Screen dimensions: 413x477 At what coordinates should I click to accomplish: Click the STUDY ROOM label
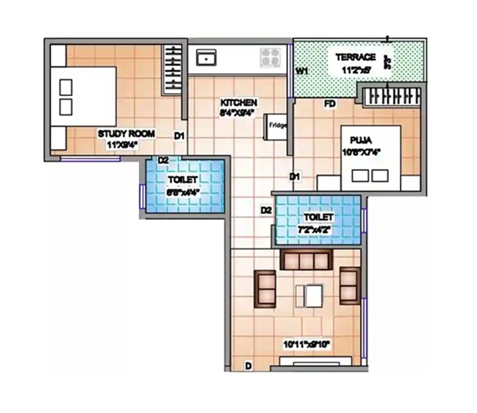126,134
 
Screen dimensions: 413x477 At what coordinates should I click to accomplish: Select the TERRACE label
355,57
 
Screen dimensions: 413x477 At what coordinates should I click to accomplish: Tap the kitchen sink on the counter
206,58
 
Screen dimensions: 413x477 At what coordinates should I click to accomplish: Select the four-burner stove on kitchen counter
270,57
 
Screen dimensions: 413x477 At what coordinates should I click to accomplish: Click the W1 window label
302,71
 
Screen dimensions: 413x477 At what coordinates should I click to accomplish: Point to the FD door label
330,104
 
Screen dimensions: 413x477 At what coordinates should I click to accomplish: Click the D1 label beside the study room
179,136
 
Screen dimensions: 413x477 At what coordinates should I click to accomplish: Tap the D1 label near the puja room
294,177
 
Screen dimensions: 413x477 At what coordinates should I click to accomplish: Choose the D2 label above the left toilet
163,159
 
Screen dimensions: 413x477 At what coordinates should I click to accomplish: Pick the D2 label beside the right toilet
266,210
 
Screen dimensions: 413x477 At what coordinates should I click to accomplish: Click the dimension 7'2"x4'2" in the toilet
318,229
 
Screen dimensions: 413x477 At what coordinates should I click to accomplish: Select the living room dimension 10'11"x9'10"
307,344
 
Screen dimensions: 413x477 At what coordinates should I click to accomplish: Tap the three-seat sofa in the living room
306,260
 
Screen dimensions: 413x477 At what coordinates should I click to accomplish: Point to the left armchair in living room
265,288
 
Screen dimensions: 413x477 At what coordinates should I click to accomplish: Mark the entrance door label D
248,364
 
